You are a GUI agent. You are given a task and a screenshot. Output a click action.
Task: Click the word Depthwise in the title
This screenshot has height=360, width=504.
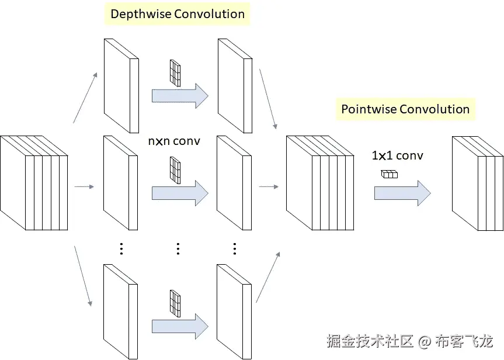point(141,14)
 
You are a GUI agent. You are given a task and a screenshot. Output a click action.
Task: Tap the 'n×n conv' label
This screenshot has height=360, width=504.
point(174,141)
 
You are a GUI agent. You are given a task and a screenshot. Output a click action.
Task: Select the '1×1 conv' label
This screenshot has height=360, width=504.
point(397,155)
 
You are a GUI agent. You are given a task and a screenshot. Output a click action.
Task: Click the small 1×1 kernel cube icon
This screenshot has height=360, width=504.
point(390,174)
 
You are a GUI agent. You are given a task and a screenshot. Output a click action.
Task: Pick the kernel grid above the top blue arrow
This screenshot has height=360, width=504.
point(175,73)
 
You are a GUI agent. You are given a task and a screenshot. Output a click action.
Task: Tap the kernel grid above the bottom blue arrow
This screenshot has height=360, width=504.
point(175,303)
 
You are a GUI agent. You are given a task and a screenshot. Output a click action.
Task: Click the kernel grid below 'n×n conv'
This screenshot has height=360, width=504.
point(175,170)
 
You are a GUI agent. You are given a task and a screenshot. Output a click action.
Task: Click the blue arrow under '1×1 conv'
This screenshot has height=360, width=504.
point(402,193)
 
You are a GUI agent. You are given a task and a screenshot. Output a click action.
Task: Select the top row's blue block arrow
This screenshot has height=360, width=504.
point(180,96)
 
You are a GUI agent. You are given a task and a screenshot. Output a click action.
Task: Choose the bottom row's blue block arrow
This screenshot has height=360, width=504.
point(180,326)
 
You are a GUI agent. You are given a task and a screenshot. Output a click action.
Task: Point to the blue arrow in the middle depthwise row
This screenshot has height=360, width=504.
point(180,193)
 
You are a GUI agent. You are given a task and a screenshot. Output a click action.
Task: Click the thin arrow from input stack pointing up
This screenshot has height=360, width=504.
point(85,98)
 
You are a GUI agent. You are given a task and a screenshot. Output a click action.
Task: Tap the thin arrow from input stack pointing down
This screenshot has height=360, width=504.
point(84,276)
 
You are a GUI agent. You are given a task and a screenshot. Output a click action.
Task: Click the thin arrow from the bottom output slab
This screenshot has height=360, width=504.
point(268,278)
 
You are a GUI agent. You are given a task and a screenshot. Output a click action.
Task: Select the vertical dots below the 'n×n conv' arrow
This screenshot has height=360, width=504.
point(178,249)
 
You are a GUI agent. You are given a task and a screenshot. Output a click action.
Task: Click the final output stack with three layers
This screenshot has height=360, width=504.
point(478,184)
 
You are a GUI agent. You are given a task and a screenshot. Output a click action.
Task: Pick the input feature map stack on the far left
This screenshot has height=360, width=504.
point(34,183)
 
